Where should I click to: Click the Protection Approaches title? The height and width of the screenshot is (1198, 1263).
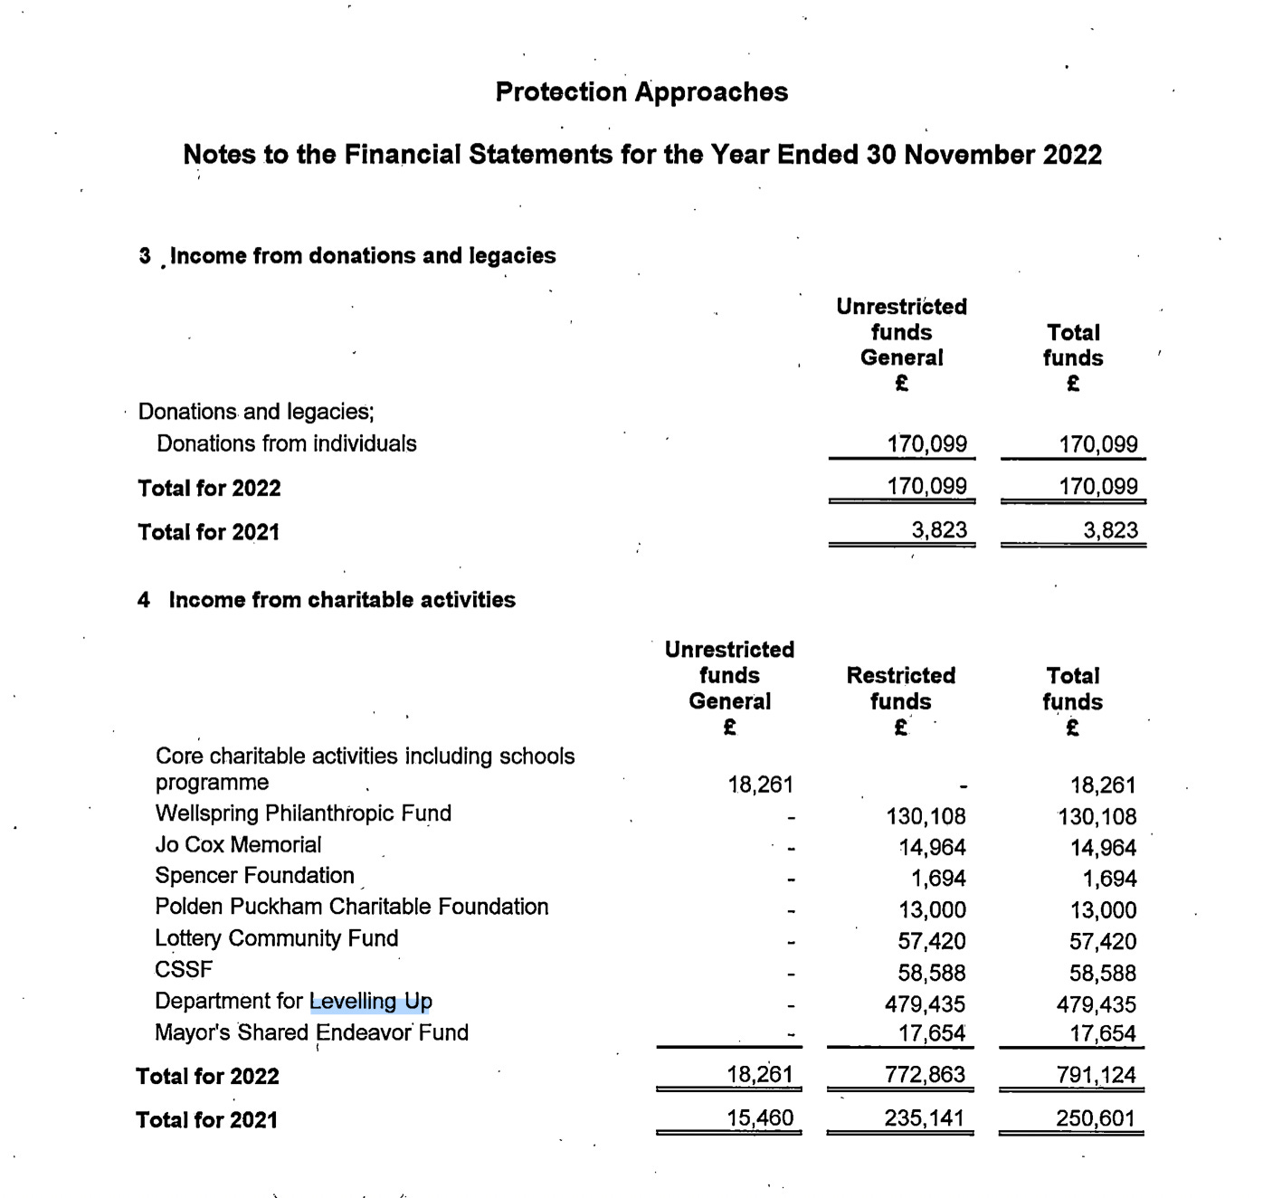click(x=641, y=92)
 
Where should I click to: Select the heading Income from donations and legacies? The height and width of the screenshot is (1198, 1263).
click(x=362, y=256)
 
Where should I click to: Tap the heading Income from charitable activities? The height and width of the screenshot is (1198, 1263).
click(x=342, y=600)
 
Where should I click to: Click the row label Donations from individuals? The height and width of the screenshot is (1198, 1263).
click(x=286, y=443)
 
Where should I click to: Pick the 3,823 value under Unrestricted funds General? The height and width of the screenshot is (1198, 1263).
click(x=939, y=530)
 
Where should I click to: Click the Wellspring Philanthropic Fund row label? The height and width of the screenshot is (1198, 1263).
click(x=303, y=813)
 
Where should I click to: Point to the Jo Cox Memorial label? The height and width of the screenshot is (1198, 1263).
click(x=238, y=845)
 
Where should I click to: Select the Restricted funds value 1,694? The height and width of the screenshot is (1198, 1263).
click(x=937, y=879)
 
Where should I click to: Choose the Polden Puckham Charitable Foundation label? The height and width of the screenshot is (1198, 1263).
click(x=351, y=907)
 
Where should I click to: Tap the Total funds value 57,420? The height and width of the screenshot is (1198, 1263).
click(x=1102, y=942)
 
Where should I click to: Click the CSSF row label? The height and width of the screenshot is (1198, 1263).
click(x=184, y=969)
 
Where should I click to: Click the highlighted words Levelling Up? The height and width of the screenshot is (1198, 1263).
click(x=371, y=1002)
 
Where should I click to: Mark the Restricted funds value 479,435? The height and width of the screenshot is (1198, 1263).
click(x=925, y=1004)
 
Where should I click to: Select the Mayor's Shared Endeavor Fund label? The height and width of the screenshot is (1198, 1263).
click(x=311, y=1032)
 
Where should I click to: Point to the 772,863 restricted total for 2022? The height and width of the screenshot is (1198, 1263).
click(x=925, y=1075)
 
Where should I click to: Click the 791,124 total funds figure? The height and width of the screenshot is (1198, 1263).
click(x=1096, y=1075)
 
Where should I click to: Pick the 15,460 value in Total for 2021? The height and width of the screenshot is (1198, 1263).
click(x=760, y=1118)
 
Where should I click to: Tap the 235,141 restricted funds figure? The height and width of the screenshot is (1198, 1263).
click(x=924, y=1118)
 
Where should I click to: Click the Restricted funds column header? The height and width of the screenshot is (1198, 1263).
click(x=900, y=689)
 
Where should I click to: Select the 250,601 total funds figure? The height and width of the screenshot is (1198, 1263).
click(x=1095, y=1118)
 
